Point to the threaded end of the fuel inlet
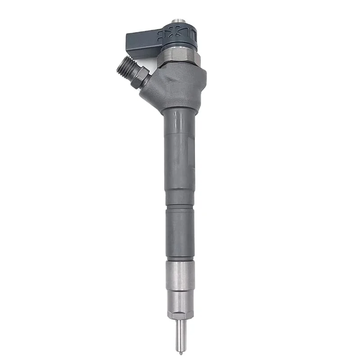123,67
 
